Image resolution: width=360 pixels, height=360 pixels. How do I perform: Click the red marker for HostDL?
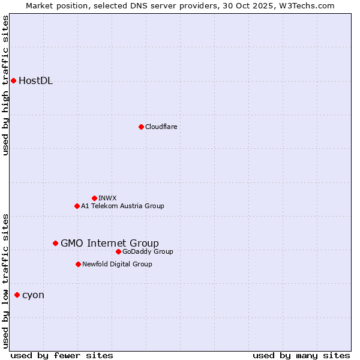coord(13,80)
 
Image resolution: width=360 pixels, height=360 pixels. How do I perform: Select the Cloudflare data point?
coord(141,127)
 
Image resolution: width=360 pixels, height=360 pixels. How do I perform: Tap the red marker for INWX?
coord(94,198)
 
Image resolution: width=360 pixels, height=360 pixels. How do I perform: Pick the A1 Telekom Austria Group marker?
coord(77,206)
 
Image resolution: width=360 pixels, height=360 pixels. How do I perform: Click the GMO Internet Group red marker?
coord(55,243)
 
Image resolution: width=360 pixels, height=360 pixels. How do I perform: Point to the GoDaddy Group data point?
coord(118,251)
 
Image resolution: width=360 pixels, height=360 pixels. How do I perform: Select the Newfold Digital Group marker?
coord(78,264)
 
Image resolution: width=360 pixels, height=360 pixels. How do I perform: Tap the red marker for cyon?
coord(17,295)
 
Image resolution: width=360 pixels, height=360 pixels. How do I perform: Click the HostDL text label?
coord(36,81)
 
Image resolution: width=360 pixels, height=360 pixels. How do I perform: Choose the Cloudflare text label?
coord(161,127)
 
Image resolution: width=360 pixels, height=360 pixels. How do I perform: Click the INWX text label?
coord(107,198)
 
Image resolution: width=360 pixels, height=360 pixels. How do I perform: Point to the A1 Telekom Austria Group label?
coord(122,206)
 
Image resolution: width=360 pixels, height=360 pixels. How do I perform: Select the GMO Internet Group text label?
coord(110,243)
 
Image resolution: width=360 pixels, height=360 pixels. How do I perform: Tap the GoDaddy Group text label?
coord(148,251)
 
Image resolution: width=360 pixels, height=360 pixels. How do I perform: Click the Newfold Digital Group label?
coord(117,264)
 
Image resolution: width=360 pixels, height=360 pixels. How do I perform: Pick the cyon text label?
coord(33,295)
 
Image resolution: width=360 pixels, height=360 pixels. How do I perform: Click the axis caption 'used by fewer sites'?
coord(62,355)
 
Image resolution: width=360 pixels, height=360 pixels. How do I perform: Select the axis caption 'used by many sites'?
coord(301,355)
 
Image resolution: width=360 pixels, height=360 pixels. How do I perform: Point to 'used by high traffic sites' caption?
coord(5,85)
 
